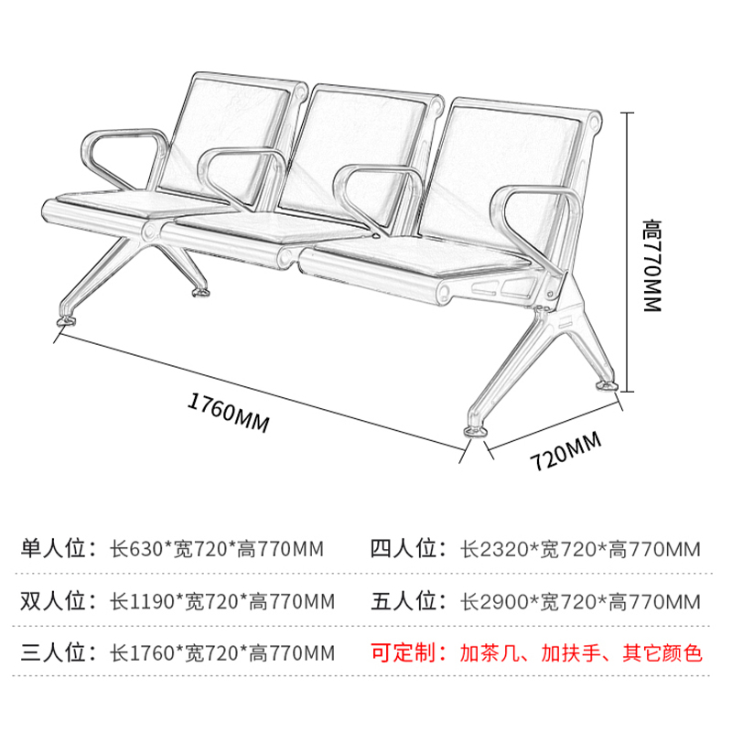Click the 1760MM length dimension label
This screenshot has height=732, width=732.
click(x=228, y=414)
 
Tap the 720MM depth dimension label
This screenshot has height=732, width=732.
click(x=565, y=451)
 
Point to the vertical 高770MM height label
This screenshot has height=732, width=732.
click(x=652, y=265)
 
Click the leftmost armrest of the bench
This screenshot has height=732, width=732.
click(x=124, y=158)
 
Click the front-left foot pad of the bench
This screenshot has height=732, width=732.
click(x=66, y=321)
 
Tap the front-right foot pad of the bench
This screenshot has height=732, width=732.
click(x=476, y=431)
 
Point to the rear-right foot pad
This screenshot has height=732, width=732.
click(x=606, y=386)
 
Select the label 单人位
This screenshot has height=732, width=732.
click(x=53, y=548)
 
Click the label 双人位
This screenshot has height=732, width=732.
click(x=53, y=601)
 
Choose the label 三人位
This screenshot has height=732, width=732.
click(x=53, y=652)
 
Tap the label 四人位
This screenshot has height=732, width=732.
click(x=404, y=548)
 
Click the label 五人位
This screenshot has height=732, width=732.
click(x=404, y=601)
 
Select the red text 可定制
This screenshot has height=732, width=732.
click(x=404, y=652)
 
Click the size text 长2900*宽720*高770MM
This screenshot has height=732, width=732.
click(x=580, y=601)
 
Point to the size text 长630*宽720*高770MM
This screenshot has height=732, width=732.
click(x=217, y=549)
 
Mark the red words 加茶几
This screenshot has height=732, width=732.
click(x=490, y=653)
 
